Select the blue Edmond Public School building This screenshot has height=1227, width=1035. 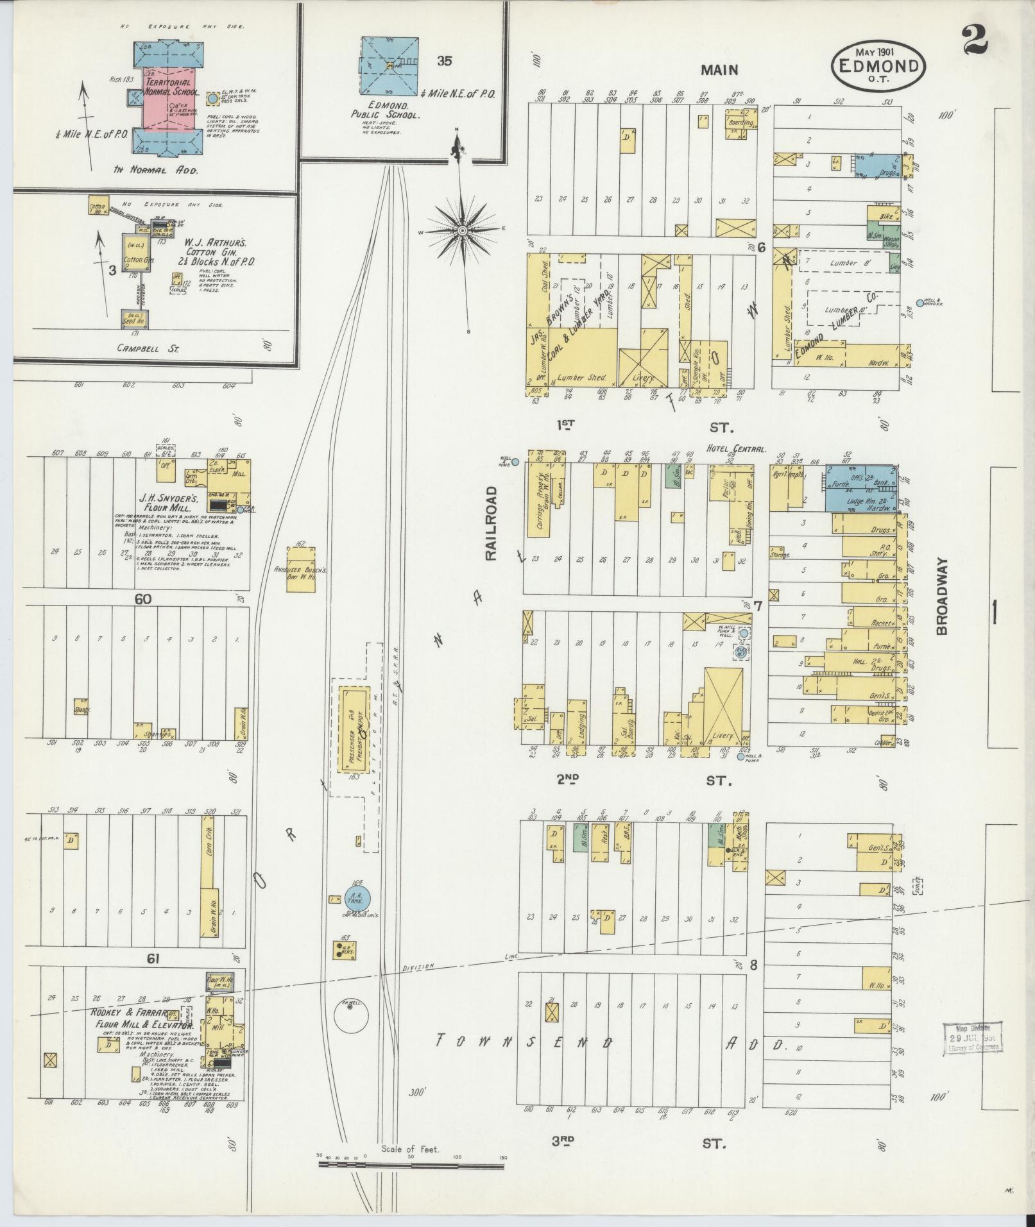388,65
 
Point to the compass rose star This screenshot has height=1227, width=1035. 462,230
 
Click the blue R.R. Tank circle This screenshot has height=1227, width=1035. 357,899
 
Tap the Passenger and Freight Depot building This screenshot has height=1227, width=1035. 354,730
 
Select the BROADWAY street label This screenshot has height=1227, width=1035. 941,595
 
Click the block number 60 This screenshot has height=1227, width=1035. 142,599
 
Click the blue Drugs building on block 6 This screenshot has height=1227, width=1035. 878,166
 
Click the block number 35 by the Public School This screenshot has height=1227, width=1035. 444,62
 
